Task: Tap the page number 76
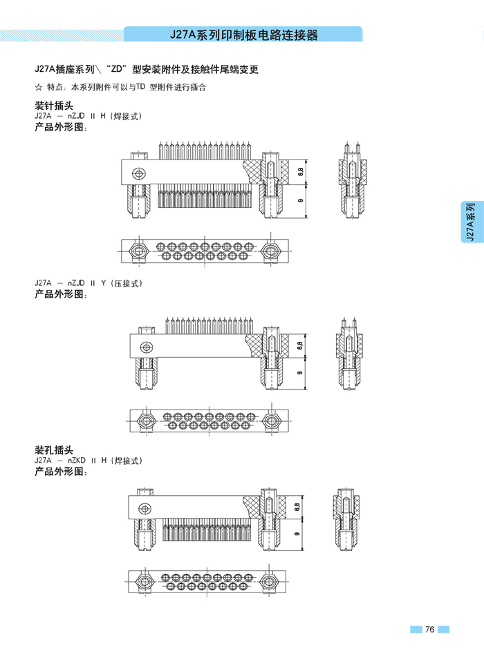coord(429,629)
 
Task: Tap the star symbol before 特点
coord(38,88)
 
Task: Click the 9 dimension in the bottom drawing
coord(297,534)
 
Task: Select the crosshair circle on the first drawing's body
coord(140,173)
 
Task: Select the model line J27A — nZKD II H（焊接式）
coord(88,461)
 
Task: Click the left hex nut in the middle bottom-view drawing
coord(145,420)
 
